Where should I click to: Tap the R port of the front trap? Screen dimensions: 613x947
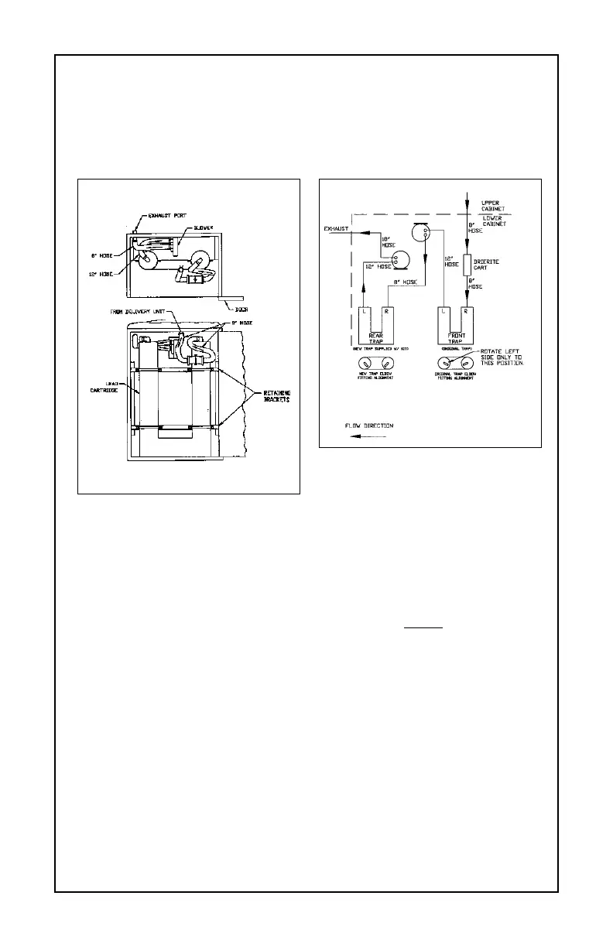(466, 312)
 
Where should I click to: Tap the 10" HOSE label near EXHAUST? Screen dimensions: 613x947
(389, 242)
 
